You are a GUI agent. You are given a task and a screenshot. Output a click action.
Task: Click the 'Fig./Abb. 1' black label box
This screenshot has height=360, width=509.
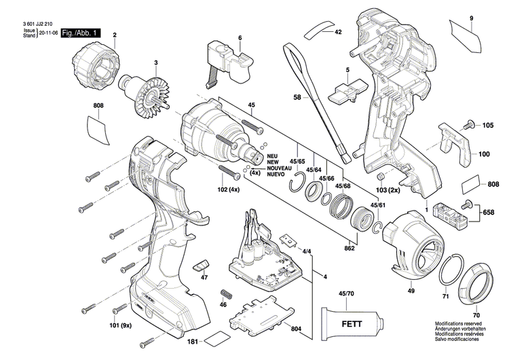(x=81, y=33)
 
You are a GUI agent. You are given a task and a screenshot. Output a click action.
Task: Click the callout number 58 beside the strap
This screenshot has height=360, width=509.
(x=296, y=98)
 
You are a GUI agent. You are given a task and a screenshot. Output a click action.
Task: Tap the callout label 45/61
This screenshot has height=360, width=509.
(x=379, y=206)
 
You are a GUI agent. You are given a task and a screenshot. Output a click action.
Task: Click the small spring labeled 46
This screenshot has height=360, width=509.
(x=226, y=296)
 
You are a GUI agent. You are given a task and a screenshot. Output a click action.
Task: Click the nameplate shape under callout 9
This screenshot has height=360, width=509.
(x=469, y=33)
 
